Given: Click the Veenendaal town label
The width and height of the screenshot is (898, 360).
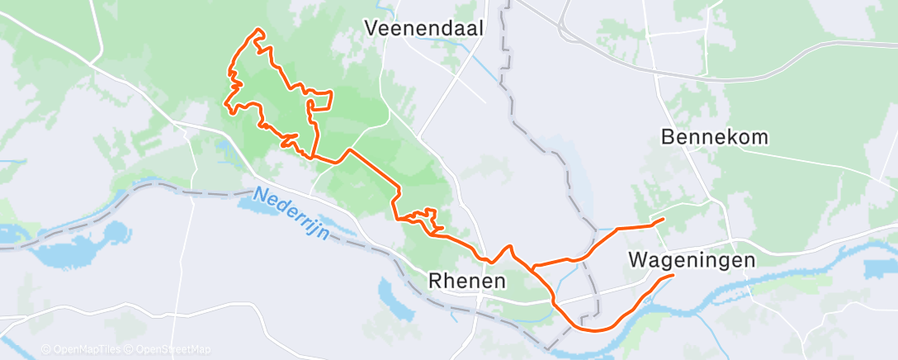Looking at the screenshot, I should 424,28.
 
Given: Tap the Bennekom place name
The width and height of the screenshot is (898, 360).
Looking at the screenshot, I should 716,137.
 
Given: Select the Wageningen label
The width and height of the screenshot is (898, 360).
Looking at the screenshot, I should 692,260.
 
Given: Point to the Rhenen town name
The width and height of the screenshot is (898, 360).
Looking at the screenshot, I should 467,281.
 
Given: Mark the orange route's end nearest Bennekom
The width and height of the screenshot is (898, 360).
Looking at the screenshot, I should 664,220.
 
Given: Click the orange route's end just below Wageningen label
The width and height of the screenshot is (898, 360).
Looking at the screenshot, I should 673,275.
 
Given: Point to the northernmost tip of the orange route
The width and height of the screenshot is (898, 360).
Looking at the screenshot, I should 258,31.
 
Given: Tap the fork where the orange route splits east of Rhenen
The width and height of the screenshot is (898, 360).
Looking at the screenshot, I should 533,267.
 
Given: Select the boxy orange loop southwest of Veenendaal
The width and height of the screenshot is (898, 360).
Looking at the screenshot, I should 320,101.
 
